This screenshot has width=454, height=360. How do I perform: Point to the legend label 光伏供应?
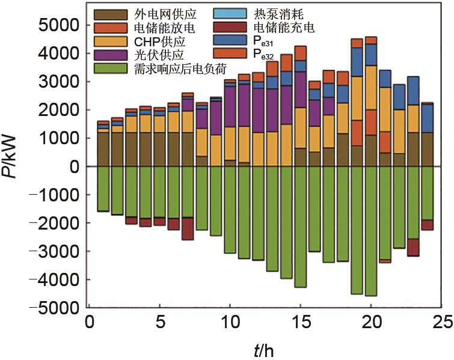coord(147,55)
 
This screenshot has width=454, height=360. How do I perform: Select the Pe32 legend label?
coord(268,55)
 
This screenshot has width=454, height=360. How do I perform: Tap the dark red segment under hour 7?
coord(188,228)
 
